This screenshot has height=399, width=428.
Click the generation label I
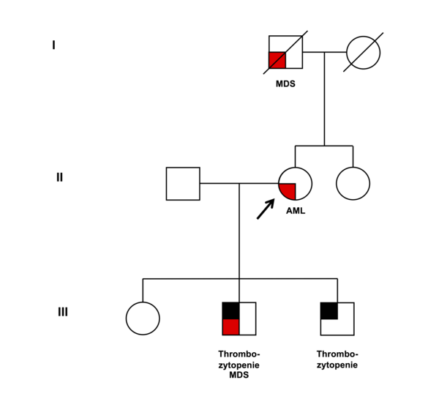[53, 45]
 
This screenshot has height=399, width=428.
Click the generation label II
[59, 177]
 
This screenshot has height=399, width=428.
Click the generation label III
[63, 312]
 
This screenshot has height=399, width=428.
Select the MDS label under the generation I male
[285, 83]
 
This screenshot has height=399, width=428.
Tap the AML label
[296, 211]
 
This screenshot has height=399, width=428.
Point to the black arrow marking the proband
[266, 209]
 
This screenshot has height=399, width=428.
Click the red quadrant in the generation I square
[277, 60]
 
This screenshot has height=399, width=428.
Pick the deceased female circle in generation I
[364, 53]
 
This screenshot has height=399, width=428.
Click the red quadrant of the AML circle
[288, 190]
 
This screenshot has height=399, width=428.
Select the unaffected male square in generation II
[183, 184]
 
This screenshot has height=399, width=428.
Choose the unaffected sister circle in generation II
[353, 184]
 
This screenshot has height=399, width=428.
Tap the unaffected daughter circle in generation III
[143, 318]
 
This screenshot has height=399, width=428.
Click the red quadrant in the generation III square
[231, 327]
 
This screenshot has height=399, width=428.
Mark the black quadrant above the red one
[231, 310]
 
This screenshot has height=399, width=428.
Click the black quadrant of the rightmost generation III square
[329, 311]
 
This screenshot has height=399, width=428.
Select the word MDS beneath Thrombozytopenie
[239, 375]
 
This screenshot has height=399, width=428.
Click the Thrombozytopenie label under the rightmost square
[337, 359]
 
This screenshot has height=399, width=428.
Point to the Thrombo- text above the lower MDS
[239, 354]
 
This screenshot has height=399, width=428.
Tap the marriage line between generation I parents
[325, 52]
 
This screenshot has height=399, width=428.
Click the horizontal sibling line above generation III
[240, 279]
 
